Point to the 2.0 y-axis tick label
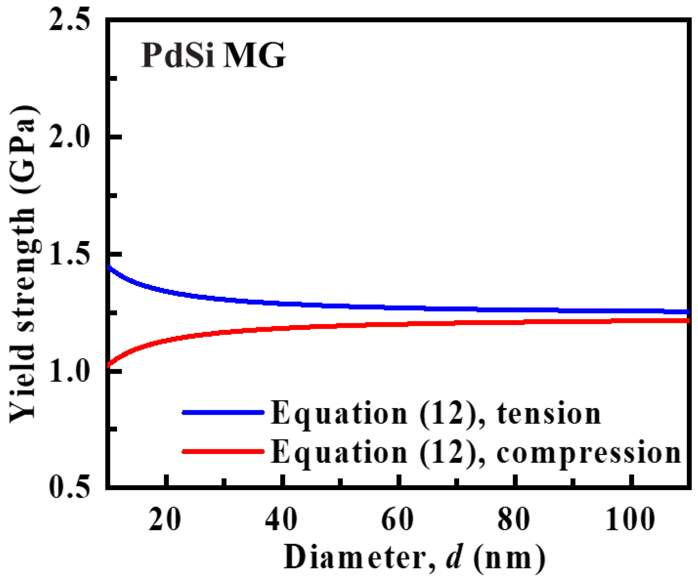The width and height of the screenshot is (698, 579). coord(69,137)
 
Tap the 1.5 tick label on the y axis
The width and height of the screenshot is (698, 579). coord(69,254)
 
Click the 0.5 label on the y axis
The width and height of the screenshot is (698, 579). coord(69,488)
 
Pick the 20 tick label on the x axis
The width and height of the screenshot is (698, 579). coord(165,520)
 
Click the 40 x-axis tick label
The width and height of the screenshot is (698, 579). coord(281,520)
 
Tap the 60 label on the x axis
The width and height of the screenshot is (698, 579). coord(397,520)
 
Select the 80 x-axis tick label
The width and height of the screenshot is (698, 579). coord(514,520)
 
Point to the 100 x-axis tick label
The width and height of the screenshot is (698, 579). coord(630,520)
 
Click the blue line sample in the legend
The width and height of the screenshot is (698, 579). coord(223,413)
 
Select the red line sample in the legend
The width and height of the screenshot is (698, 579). coord(223,452)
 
